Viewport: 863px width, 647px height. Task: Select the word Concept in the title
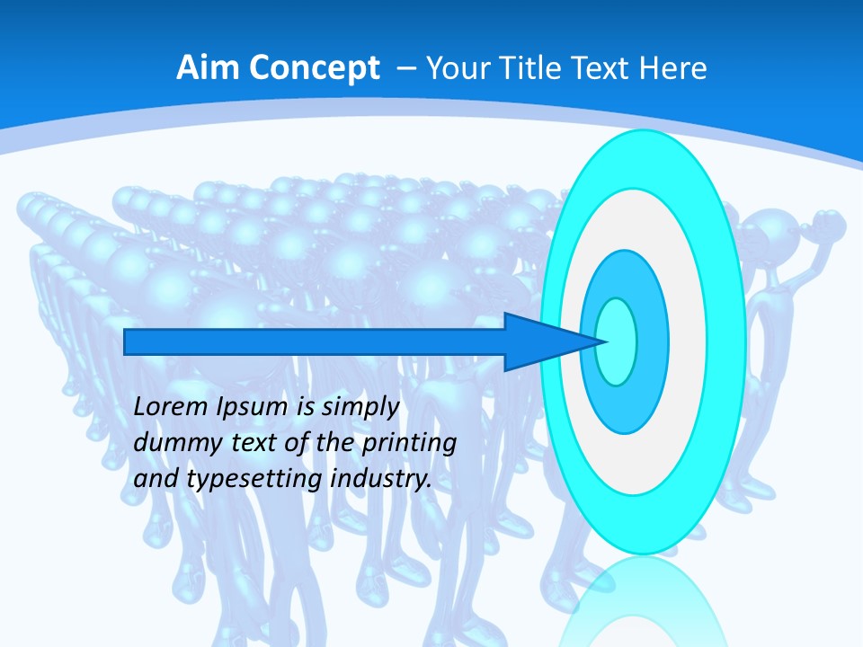[x=316, y=68]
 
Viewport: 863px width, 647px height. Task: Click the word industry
[x=381, y=479]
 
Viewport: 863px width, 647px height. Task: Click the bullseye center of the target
[x=616, y=341]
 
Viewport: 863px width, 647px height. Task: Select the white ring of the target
[x=688, y=341]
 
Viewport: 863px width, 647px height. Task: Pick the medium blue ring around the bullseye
[x=652, y=341]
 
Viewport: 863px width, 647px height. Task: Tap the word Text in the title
[x=607, y=68]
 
